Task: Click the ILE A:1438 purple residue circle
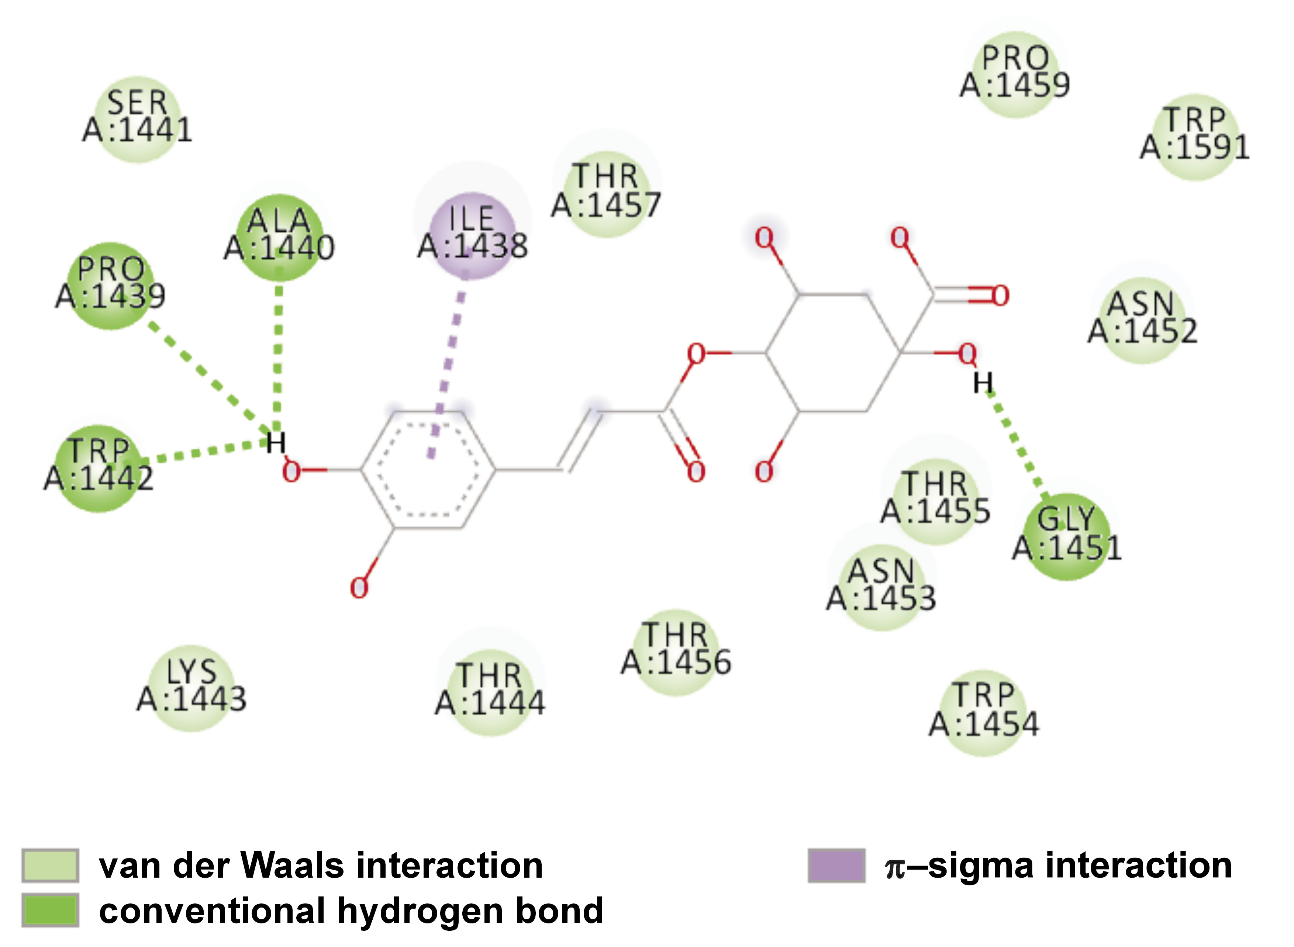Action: [x=472, y=235]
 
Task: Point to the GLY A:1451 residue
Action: [x=1066, y=536]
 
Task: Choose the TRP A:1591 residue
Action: [x=1195, y=136]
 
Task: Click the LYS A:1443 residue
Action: [x=191, y=688]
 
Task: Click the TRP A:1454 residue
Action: [x=984, y=712]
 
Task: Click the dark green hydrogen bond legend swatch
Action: [x=50, y=910]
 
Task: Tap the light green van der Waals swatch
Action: [x=50, y=865]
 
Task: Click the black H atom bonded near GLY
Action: [x=983, y=382]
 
